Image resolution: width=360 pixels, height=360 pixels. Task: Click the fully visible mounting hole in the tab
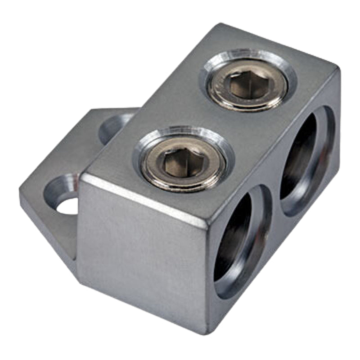tap(63, 198)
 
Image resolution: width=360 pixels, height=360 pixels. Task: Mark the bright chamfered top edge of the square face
tap(144, 198)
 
